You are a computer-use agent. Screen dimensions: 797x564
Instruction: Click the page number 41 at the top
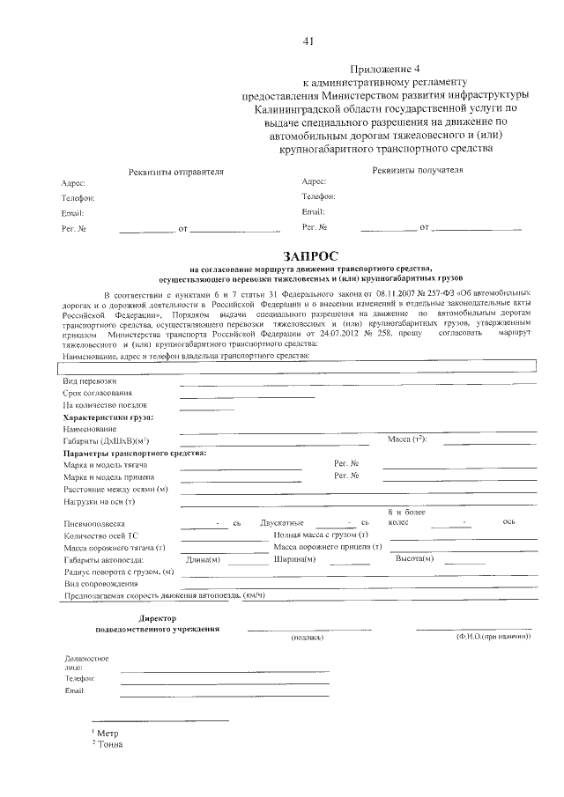tap(308, 41)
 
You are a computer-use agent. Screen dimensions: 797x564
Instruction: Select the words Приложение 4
tap(386, 68)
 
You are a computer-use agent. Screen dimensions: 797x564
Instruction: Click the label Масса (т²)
tap(407, 439)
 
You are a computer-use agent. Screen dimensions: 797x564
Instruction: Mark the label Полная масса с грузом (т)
tap(321, 535)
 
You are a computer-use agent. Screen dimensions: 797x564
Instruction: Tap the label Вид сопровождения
tap(100, 584)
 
